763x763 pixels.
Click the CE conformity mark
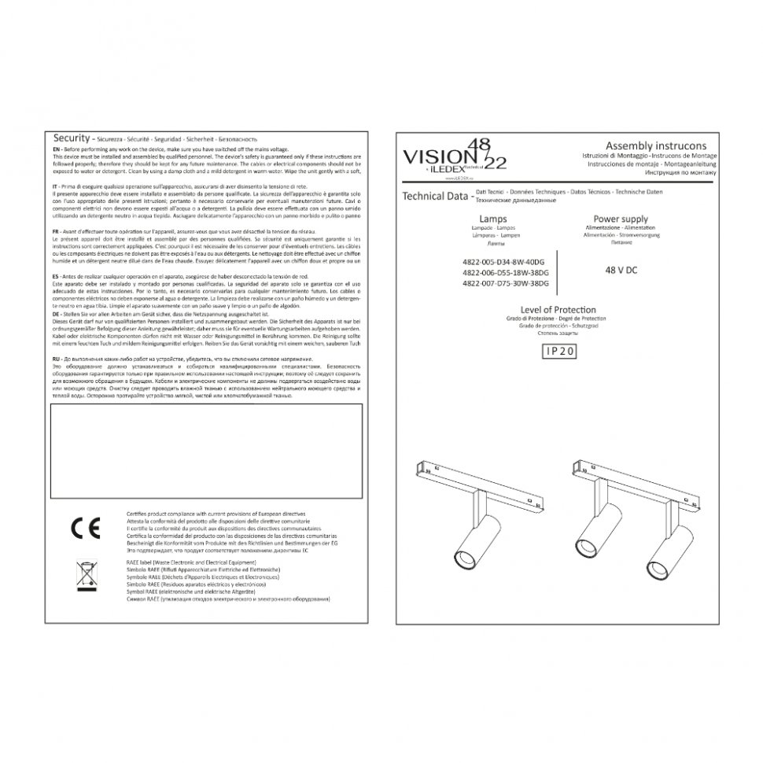click(x=85, y=527)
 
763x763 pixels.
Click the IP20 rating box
click(x=560, y=353)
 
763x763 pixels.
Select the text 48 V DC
click(x=621, y=268)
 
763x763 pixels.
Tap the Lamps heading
click(x=492, y=219)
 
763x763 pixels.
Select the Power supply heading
click(x=621, y=219)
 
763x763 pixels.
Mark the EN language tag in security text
click(x=55, y=149)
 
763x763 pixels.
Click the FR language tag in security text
click(x=55, y=233)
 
